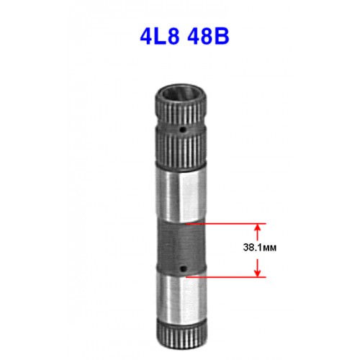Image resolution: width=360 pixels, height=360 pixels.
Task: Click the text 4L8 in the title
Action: (x=160, y=37)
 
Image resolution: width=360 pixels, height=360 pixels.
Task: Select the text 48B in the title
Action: (x=208, y=37)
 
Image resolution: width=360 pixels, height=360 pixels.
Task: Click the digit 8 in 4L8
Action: (x=174, y=37)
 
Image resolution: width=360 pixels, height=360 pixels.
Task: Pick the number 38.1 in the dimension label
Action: (x=251, y=248)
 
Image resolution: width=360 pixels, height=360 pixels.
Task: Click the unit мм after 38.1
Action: (x=268, y=248)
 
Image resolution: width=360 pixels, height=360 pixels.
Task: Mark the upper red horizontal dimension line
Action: (x=226, y=224)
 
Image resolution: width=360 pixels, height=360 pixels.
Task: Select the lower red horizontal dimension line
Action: (x=226, y=277)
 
